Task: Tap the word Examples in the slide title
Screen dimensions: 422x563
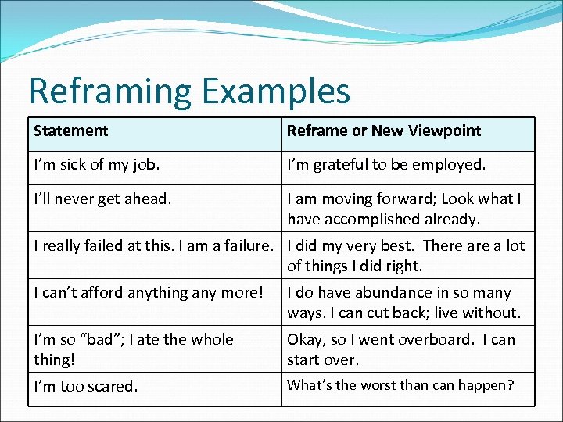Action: pos(276,91)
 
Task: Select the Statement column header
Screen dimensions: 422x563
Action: pos(71,131)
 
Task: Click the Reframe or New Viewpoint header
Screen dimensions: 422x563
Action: pos(384,131)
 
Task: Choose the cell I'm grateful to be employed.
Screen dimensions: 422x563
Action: pos(386,165)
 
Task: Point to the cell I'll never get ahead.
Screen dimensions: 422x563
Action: pos(102,198)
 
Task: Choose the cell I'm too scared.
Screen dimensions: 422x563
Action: pos(85,386)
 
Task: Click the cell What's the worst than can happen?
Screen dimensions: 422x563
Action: pos(400,384)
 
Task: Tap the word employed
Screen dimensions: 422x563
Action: pos(451,165)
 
